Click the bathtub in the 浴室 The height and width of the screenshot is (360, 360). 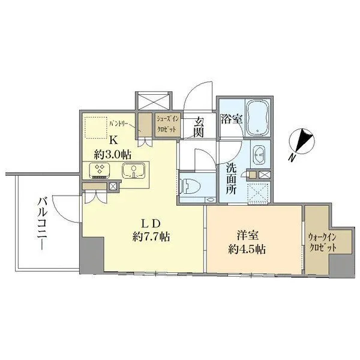click(258, 118)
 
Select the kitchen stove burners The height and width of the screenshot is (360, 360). click(100, 170)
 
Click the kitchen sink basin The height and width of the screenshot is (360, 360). click(133, 170)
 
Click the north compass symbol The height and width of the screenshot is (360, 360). click(301, 140)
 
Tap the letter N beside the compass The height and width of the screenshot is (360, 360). click(292, 158)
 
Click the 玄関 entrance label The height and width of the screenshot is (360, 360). click(198, 127)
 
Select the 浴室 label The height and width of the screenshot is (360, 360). click(232, 119)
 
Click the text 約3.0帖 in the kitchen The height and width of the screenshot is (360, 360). click(113, 155)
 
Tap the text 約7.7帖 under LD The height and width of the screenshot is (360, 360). click(151, 236)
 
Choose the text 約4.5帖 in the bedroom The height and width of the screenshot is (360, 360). click(247, 249)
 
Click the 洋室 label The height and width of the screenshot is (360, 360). click(247, 236)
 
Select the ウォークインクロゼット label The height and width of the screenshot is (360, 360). click(322, 242)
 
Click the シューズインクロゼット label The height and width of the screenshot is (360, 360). click(167, 124)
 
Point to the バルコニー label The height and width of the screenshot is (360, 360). click(43, 223)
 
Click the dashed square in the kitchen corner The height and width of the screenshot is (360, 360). click(96, 127)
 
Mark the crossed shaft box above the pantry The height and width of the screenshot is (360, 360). click(154, 101)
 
